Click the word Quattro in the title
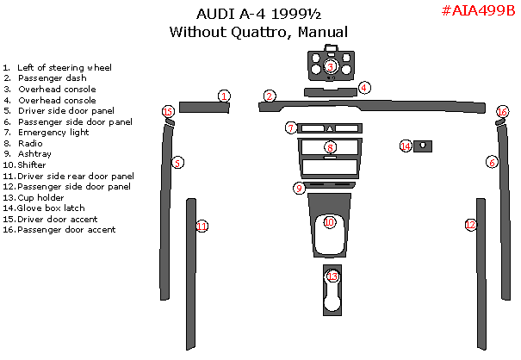point(257,32)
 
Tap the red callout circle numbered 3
point(331,67)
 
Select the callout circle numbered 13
point(332,276)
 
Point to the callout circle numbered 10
point(329,222)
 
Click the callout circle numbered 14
point(406,146)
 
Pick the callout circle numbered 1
point(224,96)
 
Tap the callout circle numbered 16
point(503,112)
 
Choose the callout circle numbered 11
point(202,227)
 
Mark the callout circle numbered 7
point(291,127)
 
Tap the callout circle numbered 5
point(177,162)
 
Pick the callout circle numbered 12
point(470,225)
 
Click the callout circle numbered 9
point(299,188)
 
